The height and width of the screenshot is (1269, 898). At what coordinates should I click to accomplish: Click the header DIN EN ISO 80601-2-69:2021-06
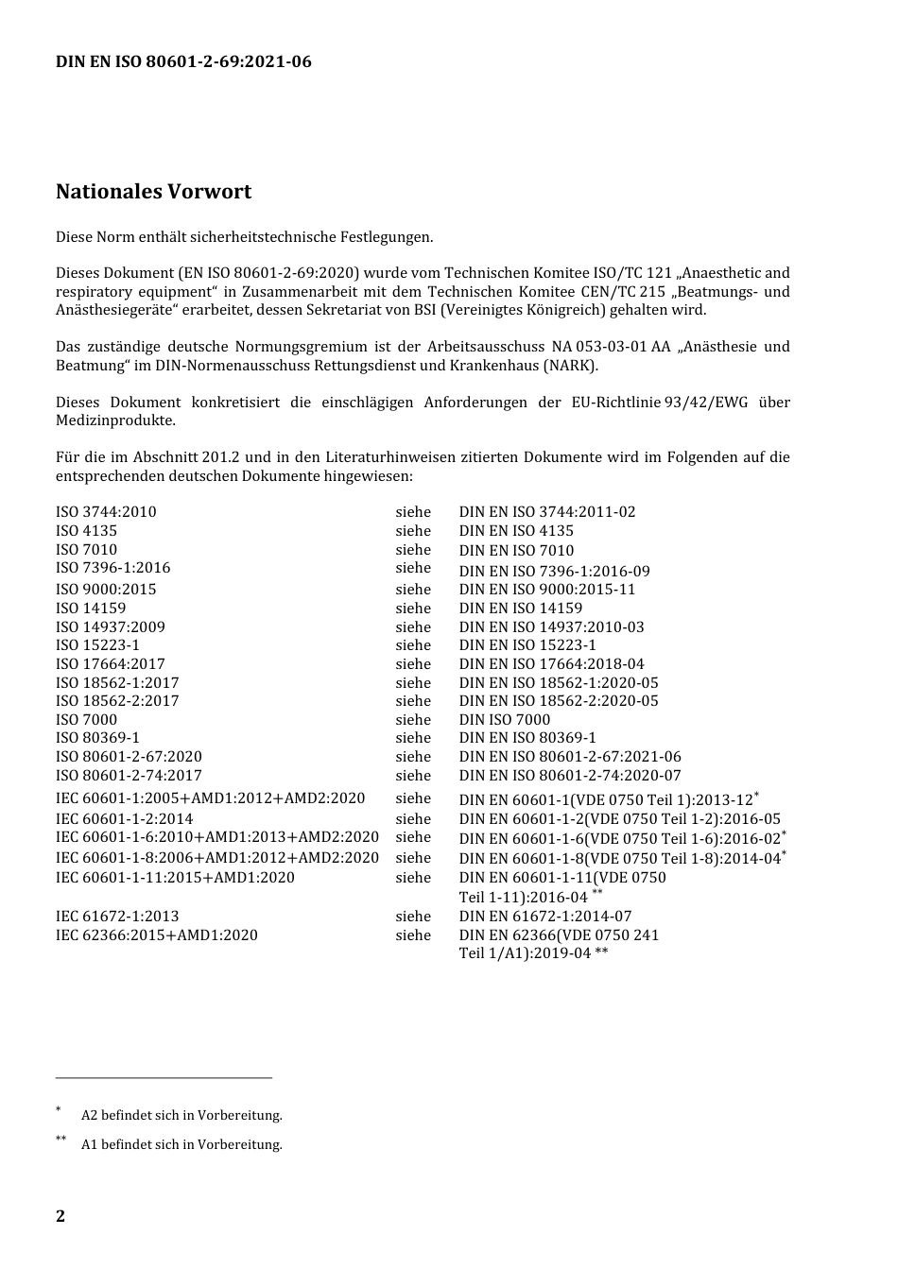pos(183,62)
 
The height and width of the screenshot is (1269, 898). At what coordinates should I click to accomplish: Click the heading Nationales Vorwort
pos(153,192)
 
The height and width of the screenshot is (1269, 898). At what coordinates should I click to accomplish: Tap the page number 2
pos(60,1215)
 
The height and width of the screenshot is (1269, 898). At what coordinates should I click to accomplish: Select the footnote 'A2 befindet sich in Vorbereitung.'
pos(181,1115)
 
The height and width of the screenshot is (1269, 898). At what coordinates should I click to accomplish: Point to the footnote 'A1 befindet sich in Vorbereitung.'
pos(181,1144)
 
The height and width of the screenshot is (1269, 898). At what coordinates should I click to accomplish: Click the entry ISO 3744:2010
pos(106,512)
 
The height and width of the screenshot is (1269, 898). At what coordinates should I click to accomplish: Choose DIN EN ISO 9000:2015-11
pos(547,590)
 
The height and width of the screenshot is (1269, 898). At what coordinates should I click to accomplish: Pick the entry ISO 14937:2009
pos(111,626)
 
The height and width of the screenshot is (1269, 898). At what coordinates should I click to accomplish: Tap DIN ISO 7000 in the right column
pos(505,719)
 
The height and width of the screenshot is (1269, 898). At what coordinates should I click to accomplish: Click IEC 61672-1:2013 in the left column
pos(117,917)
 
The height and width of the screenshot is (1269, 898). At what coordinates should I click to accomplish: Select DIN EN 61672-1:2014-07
pos(545,917)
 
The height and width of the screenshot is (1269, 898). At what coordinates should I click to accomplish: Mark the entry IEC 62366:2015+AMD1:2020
pos(157,935)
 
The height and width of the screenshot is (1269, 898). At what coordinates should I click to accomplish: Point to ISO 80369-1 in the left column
pos(97,738)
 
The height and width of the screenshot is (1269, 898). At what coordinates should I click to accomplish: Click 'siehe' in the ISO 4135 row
pos(413,531)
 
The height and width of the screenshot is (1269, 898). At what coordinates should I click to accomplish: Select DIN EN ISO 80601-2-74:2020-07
pos(570,776)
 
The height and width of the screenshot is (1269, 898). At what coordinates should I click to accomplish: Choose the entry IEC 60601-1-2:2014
pos(125,819)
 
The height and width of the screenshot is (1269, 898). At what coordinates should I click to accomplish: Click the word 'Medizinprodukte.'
pos(115,420)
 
